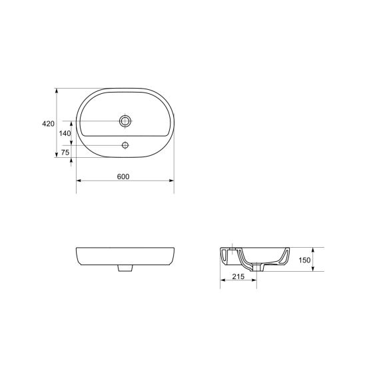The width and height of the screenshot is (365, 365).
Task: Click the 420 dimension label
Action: [48, 124]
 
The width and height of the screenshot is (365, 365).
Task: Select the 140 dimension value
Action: [65, 133]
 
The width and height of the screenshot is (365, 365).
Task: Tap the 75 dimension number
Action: [65, 153]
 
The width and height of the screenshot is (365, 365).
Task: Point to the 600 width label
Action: [123, 177]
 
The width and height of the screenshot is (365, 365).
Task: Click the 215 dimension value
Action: [238, 276]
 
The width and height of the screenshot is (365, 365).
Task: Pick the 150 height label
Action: [304, 260]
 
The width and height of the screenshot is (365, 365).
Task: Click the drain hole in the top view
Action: [125, 121]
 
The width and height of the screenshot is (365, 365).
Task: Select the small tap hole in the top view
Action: [125, 145]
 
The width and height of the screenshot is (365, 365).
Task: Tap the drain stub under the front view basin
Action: [125, 268]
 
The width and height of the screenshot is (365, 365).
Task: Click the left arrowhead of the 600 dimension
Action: [79, 181]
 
